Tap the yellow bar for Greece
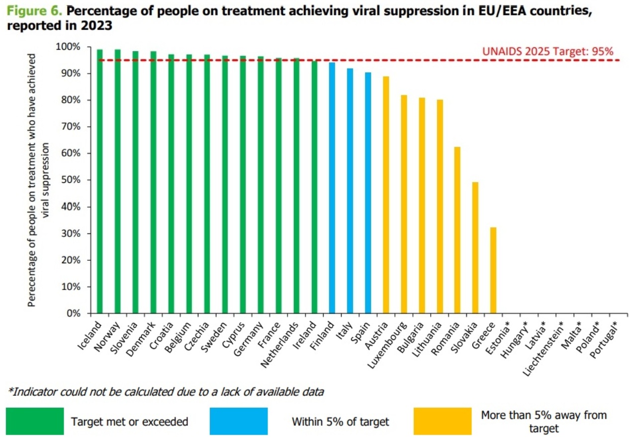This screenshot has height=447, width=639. click(x=493, y=270)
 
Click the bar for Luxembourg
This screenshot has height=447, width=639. click(x=404, y=204)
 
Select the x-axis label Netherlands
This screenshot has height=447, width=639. click(x=280, y=342)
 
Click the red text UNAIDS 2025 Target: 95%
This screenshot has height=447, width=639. click(x=548, y=51)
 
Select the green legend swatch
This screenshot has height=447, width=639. click(x=35, y=421)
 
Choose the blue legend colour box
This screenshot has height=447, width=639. click(x=239, y=421)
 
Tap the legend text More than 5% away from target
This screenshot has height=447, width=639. click(x=544, y=421)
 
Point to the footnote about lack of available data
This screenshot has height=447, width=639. click(x=166, y=392)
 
